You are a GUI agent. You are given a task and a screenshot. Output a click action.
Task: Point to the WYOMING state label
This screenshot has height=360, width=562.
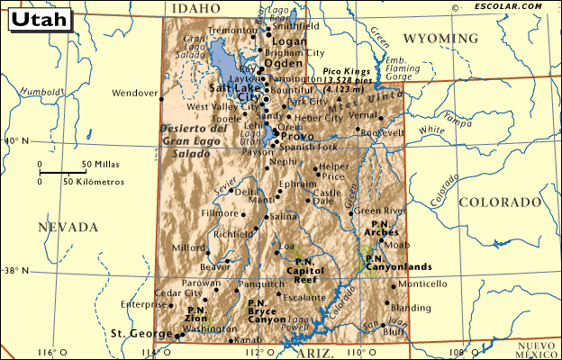pyautogui.click(x=440, y=39)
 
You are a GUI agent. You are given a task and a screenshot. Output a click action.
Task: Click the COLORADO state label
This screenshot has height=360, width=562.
pyautogui.click(x=497, y=202)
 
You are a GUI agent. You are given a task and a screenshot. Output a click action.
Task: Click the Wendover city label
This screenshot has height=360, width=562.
pyautogui.click(x=134, y=93)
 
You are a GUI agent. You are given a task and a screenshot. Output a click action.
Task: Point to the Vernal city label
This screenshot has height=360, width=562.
pyautogui.click(x=363, y=115)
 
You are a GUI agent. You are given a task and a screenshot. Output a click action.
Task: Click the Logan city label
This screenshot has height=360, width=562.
pyautogui.click(x=289, y=42)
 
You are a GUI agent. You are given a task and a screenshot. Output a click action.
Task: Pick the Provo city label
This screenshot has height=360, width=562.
pyautogui.click(x=297, y=137)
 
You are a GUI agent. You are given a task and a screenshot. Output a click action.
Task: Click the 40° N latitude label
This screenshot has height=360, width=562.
pyautogui.click(x=17, y=140)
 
